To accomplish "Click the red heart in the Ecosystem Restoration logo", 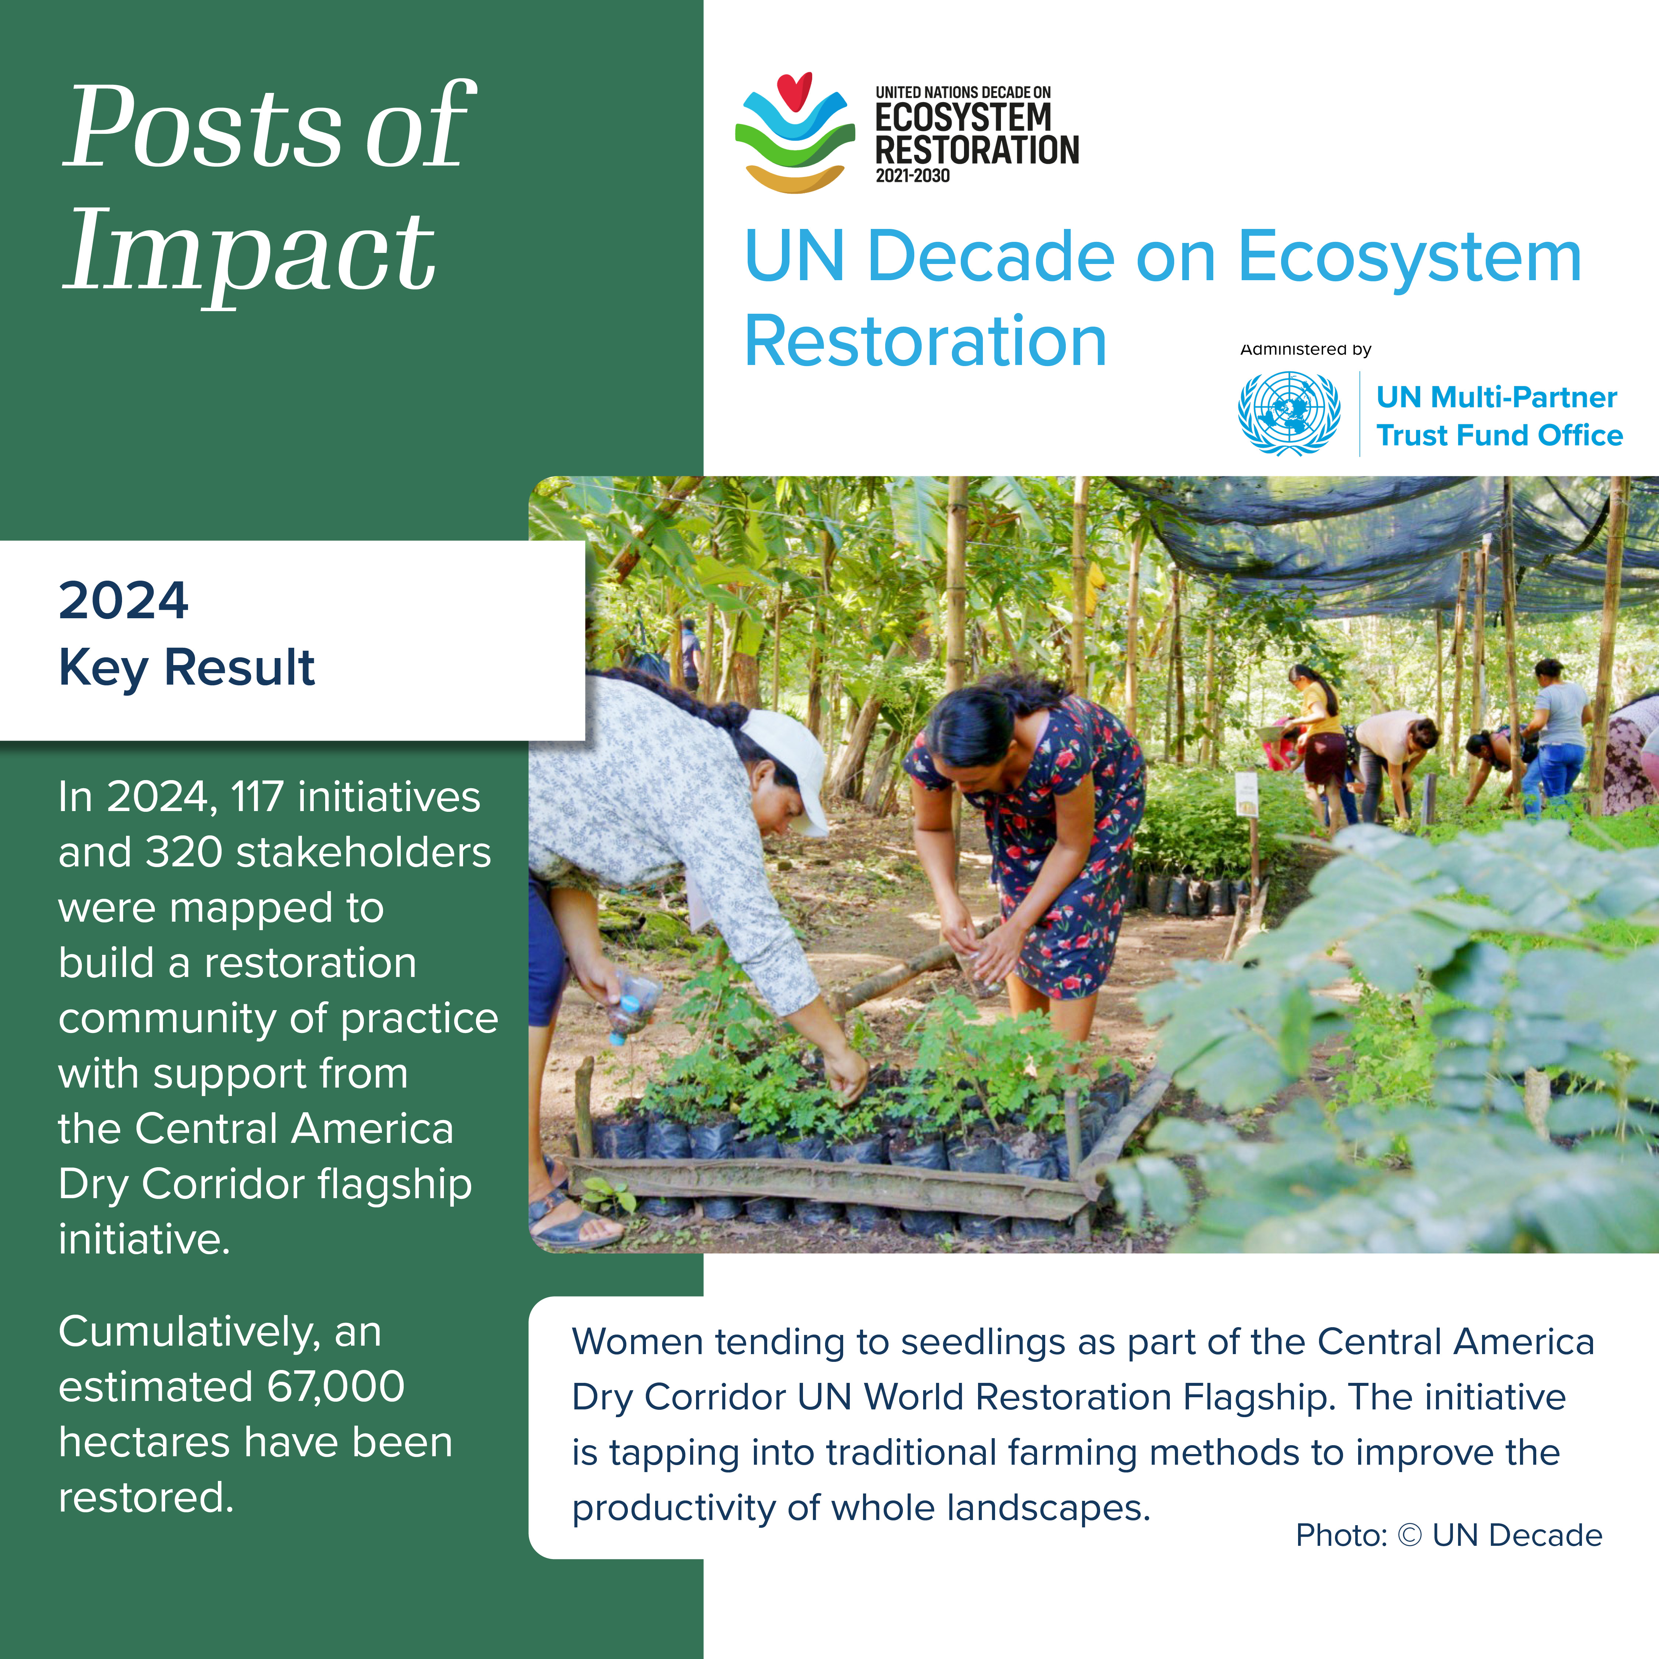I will (794, 91).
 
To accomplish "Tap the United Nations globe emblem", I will (1288, 413).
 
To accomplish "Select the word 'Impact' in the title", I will (249, 251).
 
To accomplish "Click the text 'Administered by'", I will (1305, 349).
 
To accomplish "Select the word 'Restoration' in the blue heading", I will (925, 342).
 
